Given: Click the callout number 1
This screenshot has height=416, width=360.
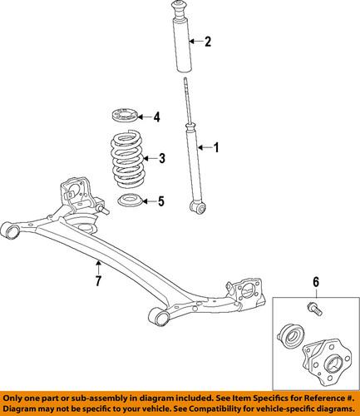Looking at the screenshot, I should click(x=218, y=149).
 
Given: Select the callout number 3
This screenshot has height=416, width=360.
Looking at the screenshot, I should click(x=162, y=158).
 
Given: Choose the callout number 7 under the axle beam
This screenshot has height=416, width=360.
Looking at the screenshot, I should click(x=98, y=282).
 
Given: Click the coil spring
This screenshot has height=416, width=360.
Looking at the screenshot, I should click(x=128, y=159).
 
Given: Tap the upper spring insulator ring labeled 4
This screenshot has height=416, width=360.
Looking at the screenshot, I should click(x=125, y=115).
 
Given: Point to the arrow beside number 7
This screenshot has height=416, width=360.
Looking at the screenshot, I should click(x=98, y=266).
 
